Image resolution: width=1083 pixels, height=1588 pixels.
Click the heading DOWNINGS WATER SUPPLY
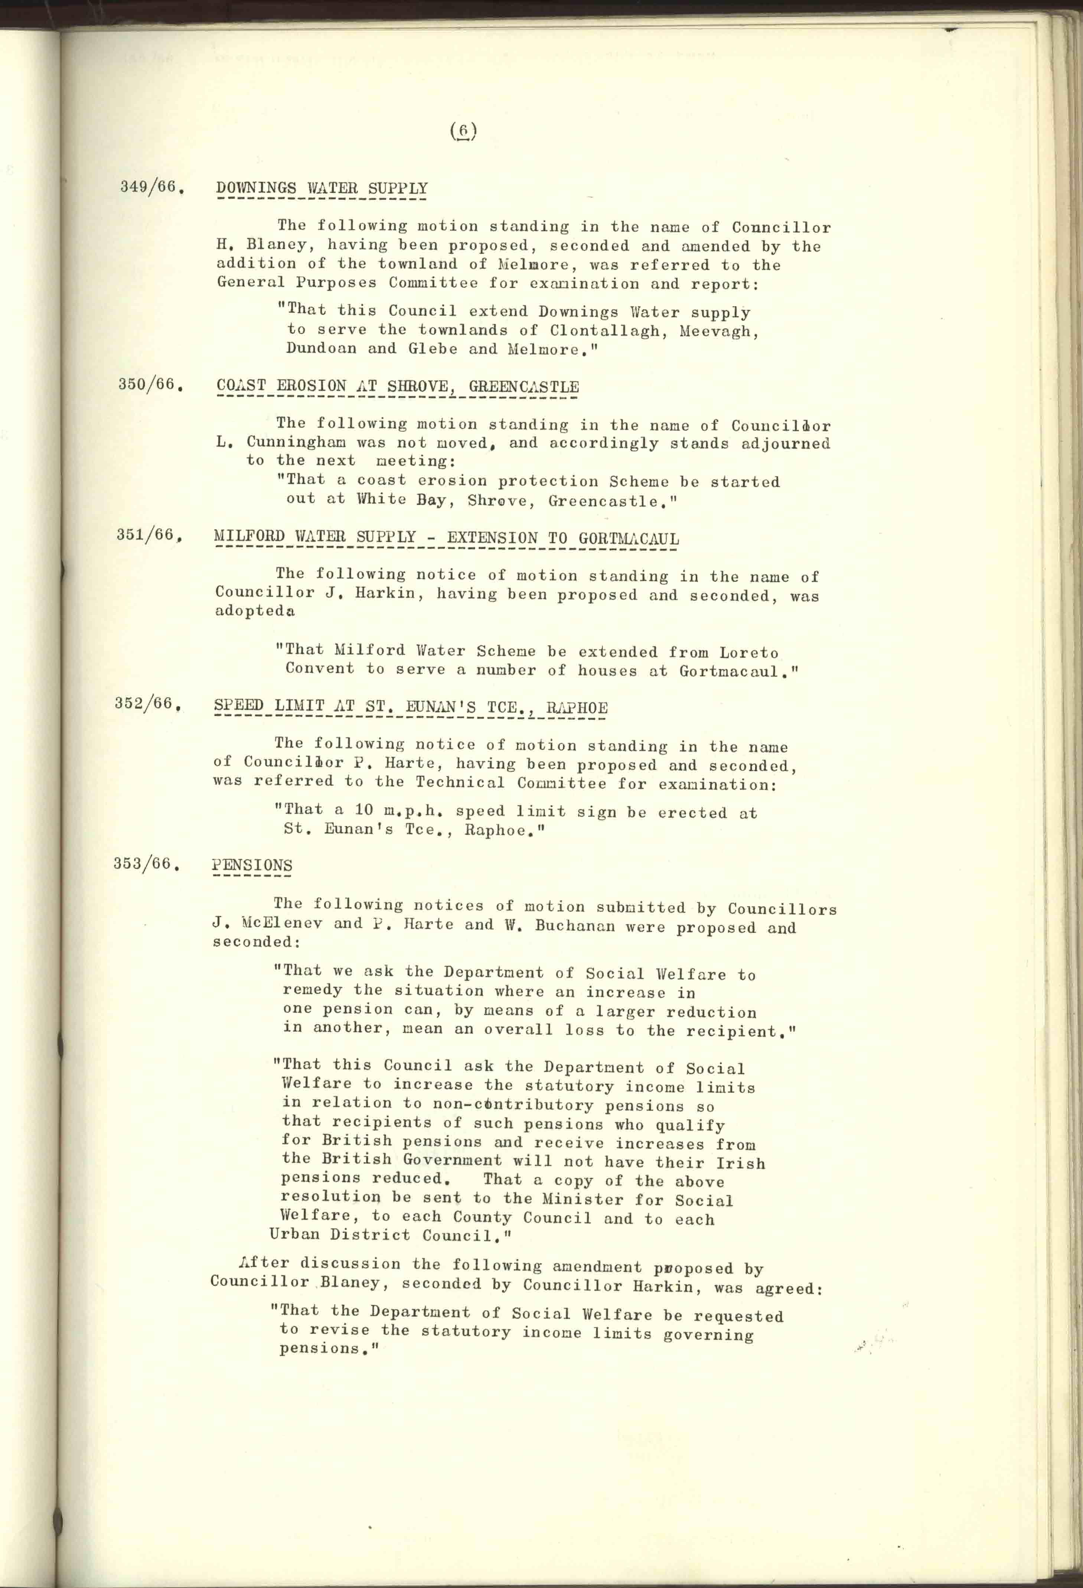click(322, 189)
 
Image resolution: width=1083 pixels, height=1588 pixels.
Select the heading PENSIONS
click(252, 865)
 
